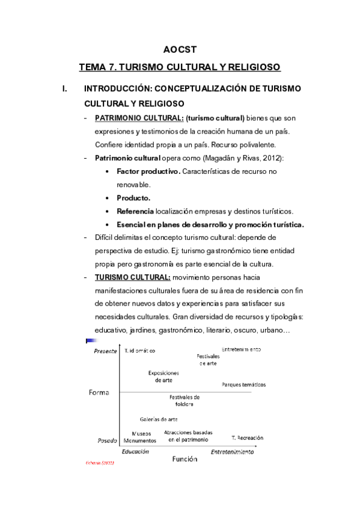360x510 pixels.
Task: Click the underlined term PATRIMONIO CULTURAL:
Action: coord(131,118)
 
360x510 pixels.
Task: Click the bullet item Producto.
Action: coord(133,198)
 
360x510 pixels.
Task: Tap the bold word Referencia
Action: coord(135,211)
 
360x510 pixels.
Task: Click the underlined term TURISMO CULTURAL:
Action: coord(133,277)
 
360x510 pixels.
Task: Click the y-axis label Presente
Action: coord(105,352)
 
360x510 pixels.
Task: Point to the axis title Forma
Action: coord(99,393)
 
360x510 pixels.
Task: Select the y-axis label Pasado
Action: coord(107,440)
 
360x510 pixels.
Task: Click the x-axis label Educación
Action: coord(135,451)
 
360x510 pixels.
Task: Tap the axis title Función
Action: coord(185,459)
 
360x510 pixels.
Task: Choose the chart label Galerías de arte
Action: coord(159,419)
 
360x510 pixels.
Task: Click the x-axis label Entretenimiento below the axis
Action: coord(232,452)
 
